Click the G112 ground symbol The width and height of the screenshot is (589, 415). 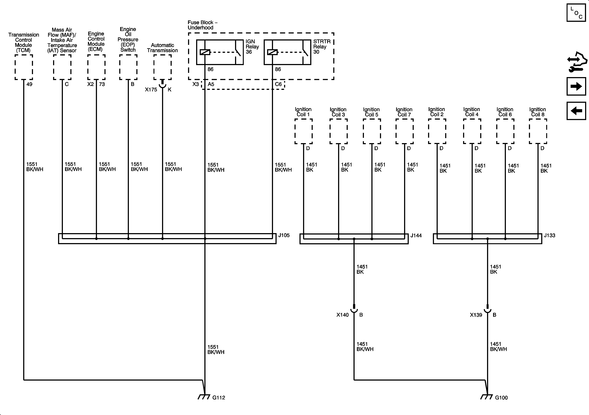click(204, 397)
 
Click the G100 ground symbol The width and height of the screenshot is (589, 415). click(487, 397)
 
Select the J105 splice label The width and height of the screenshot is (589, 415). click(284, 235)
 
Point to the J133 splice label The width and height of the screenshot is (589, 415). click(549, 235)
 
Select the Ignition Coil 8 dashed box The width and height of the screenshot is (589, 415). click(538, 131)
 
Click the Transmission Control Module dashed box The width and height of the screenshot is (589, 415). click(24, 67)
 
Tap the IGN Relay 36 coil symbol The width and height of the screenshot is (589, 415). click(205, 52)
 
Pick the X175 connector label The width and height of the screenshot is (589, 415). click(151, 90)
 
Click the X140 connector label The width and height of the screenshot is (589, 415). click(342, 315)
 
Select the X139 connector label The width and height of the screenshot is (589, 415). click(476, 315)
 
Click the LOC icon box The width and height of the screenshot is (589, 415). click(576, 13)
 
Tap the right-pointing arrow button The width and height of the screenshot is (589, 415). click(576, 86)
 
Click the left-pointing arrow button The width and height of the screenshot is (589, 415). click(576, 111)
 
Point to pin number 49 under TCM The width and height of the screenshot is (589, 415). click(30, 84)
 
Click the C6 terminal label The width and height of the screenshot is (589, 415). click(278, 84)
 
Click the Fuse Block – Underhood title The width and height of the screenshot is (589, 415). click(202, 25)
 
